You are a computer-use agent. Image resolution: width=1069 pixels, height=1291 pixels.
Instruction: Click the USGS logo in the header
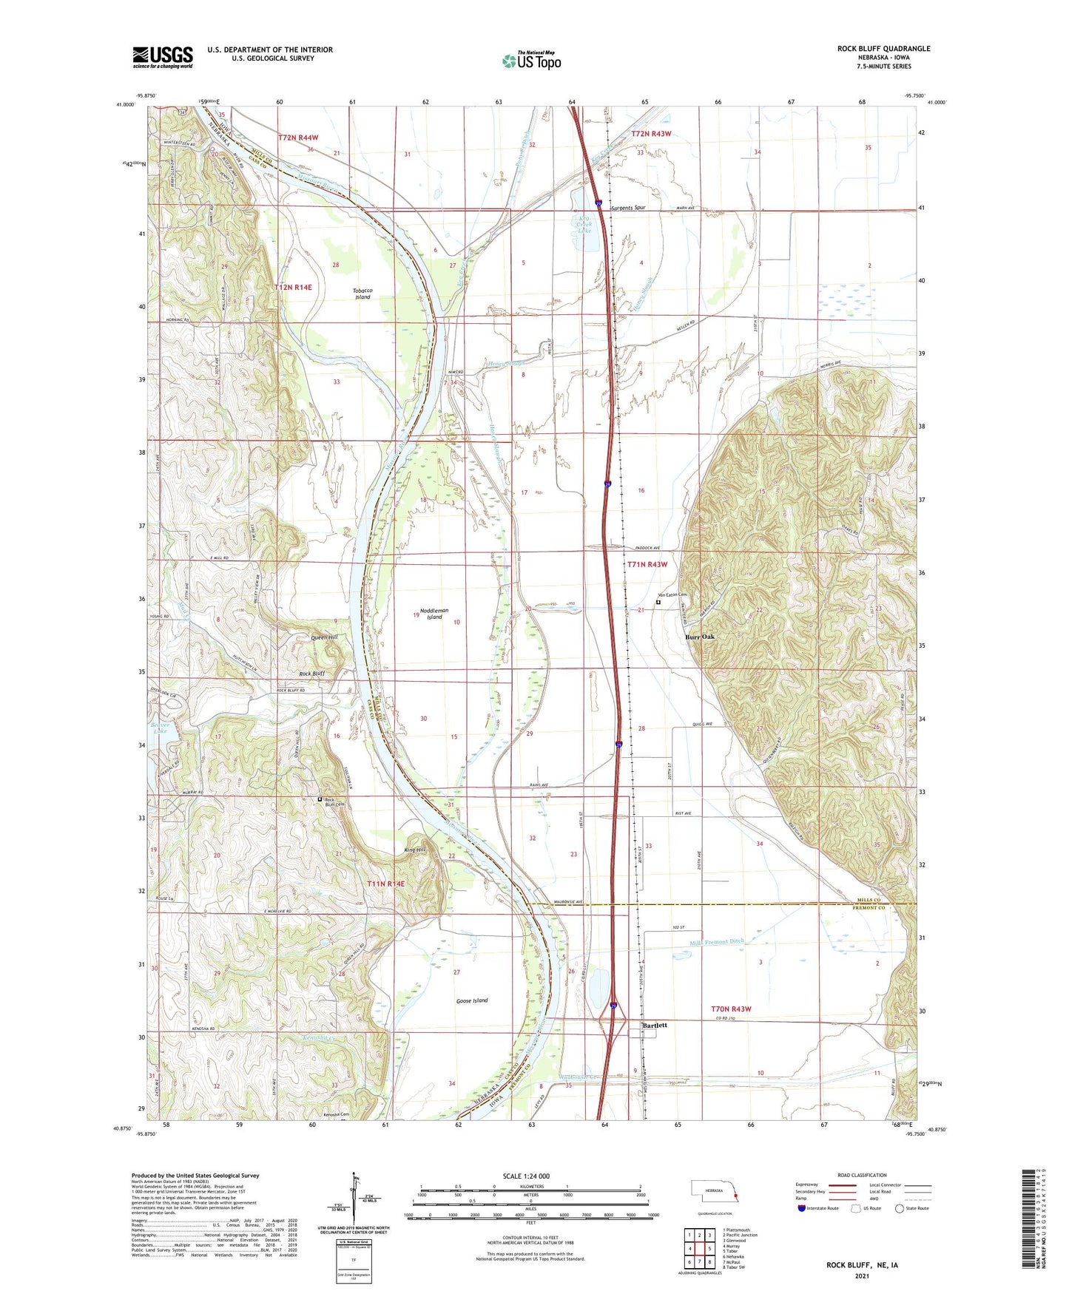[x=163, y=57]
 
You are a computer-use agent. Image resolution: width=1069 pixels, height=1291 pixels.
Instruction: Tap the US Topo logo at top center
[x=531, y=61]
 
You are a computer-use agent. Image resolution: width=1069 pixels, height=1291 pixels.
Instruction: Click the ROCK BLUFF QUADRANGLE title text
[x=883, y=49]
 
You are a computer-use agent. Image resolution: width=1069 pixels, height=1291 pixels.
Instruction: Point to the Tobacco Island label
[x=362, y=294]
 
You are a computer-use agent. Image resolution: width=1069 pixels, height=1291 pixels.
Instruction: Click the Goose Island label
[x=472, y=1000]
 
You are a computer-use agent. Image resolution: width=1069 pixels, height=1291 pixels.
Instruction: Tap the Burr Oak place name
[x=699, y=637]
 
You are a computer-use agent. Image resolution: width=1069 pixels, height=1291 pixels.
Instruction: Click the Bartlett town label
[x=655, y=1026]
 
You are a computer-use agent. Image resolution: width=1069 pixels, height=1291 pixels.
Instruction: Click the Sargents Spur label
[x=628, y=208]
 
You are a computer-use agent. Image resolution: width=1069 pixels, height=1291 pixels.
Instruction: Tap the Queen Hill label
[x=323, y=637]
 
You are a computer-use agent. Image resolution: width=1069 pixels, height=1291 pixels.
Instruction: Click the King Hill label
[x=415, y=850]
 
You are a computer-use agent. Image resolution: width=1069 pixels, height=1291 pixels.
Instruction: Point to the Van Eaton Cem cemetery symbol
[x=658, y=603]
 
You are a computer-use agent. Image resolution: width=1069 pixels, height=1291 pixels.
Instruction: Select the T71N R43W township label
[x=647, y=564]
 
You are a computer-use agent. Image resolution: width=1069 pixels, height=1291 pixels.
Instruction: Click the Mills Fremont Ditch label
[x=716, y=942]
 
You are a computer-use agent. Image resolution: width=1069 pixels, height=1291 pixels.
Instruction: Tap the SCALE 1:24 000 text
[x=526, y=1176]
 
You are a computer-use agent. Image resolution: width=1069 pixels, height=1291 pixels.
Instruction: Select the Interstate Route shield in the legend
[x=802, y=1208]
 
